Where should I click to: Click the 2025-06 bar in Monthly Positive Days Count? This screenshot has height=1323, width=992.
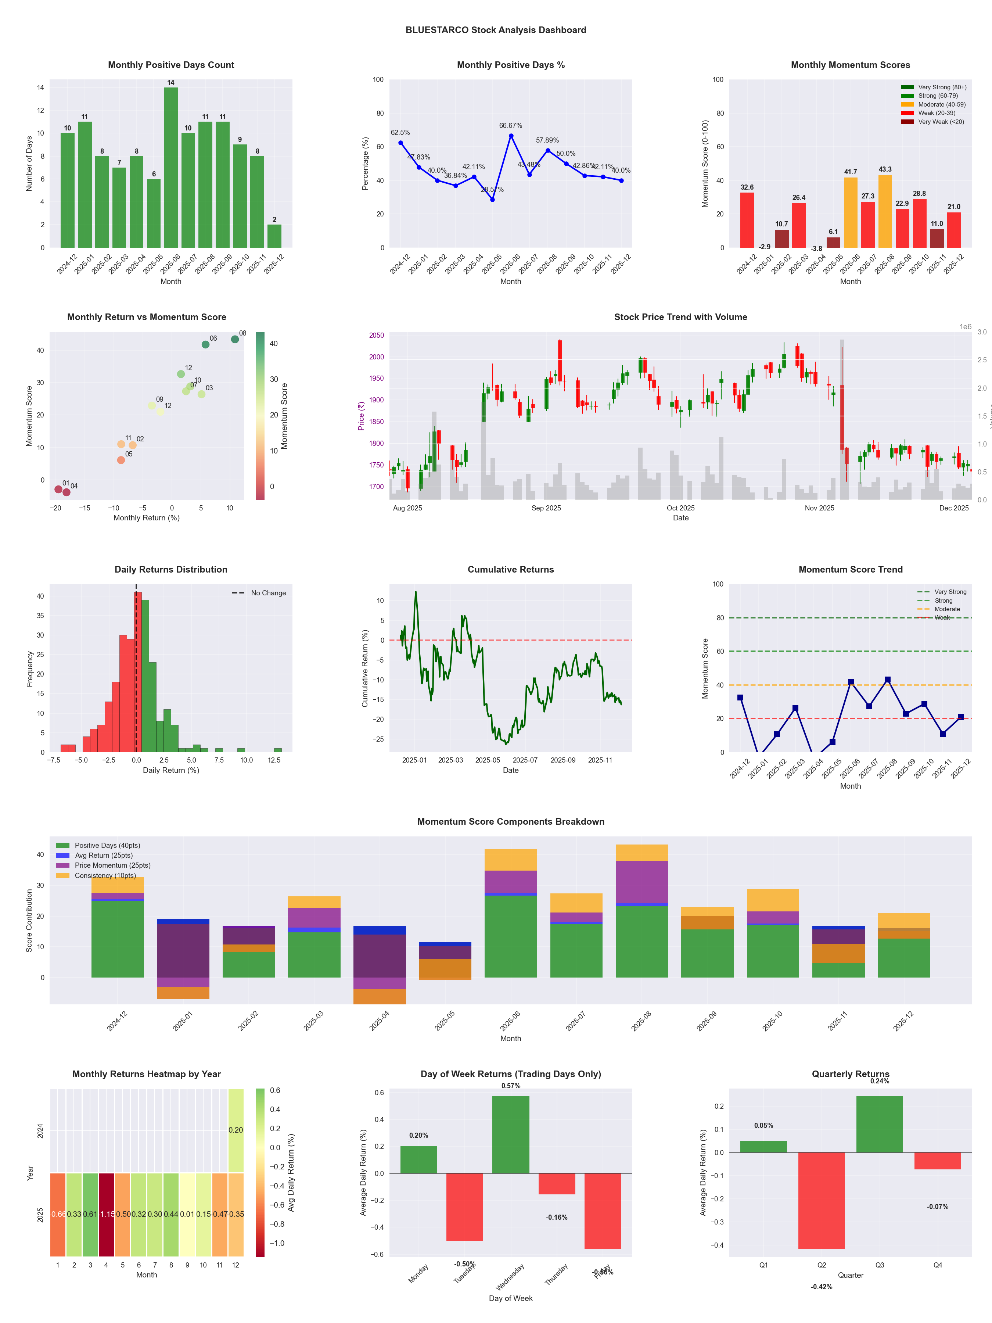(170, 168)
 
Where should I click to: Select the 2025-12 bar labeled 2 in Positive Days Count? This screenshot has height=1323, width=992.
(274, 236)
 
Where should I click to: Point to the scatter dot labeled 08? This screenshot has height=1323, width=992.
(235, 339)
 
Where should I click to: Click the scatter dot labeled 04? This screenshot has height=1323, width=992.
(67, 492)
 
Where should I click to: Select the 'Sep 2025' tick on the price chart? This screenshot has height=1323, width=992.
(546, 508)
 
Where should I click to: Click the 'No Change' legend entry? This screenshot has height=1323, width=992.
(268, 593)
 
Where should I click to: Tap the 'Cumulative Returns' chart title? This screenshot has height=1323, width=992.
(511, 569)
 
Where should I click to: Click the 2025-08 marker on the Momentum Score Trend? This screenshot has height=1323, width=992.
(887, 680)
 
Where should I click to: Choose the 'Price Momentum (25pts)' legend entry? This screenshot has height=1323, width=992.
(112, 865)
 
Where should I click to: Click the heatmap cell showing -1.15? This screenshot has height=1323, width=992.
(107, 1215)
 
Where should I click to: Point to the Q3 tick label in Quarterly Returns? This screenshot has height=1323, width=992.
(880, 1265)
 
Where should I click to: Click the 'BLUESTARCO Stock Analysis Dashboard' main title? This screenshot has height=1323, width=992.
(496, 30)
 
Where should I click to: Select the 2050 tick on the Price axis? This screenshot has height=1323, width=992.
(377, 336)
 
